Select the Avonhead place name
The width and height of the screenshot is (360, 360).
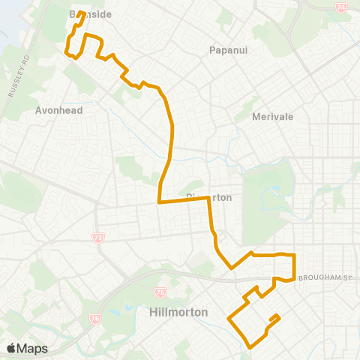(x=58, y=109)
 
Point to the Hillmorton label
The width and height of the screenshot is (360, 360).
(x=178, y=312)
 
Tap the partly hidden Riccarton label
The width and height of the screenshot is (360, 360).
(x=210, y=197)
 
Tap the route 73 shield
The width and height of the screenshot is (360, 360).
(x=97, y=238)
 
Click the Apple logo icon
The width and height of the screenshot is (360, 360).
(x=11, y=348)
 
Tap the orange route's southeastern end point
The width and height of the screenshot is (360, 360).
(x=279, y=315)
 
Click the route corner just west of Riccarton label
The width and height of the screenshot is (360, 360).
(x=158, y=202)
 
